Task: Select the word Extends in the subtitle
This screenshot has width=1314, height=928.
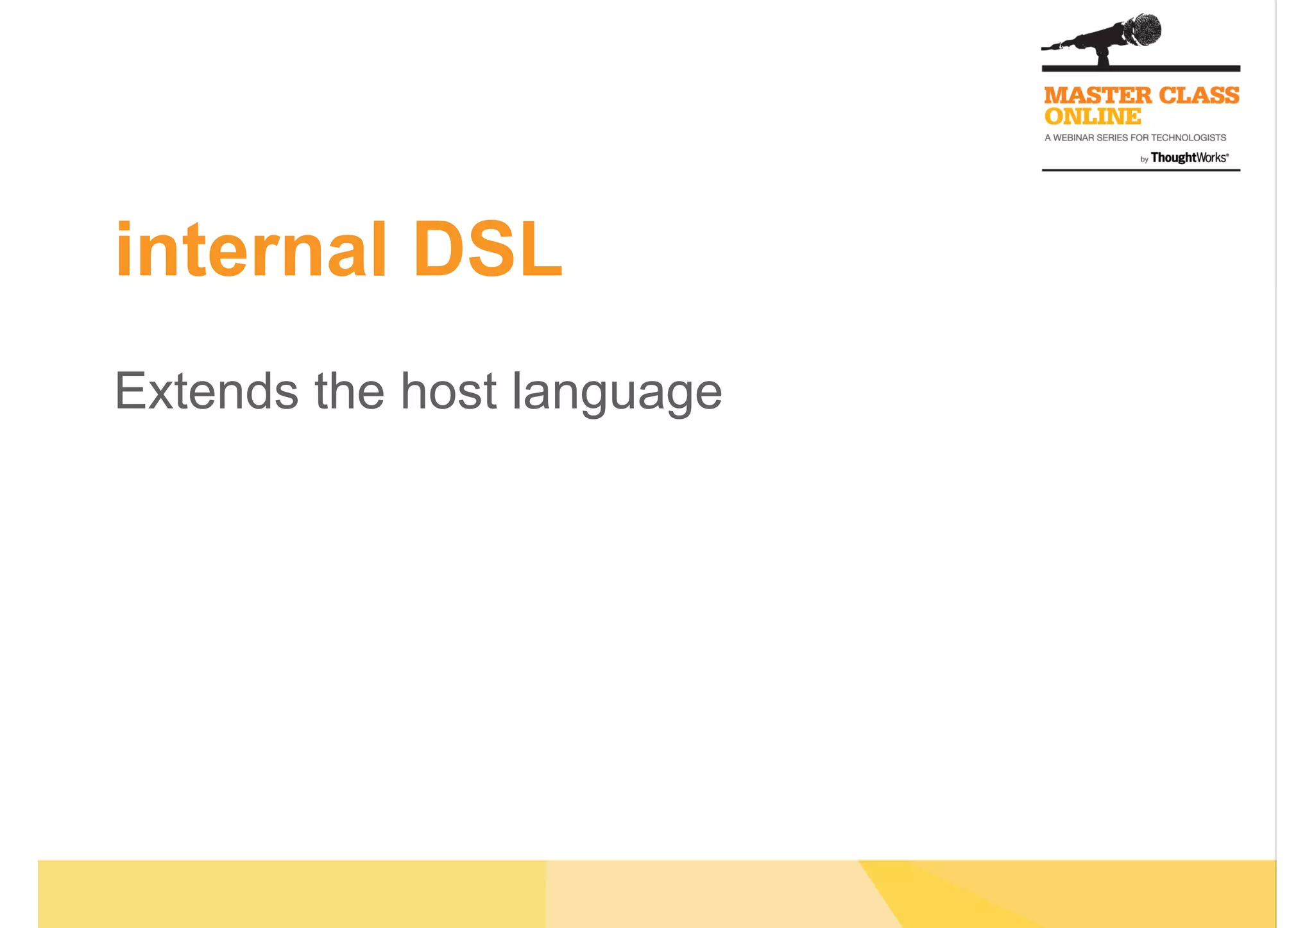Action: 206,391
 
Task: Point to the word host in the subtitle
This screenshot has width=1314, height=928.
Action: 448,391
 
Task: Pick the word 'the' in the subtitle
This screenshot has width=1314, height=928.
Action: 349,391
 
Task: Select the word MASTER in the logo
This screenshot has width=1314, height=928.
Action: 1098,96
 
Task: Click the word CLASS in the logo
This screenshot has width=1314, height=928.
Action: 1199,96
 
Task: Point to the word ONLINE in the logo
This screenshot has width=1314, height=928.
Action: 1093,117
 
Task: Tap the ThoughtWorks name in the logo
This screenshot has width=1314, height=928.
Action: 1189,158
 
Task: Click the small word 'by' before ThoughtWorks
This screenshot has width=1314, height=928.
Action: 1144,160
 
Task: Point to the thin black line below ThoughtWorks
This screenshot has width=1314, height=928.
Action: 1141,170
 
